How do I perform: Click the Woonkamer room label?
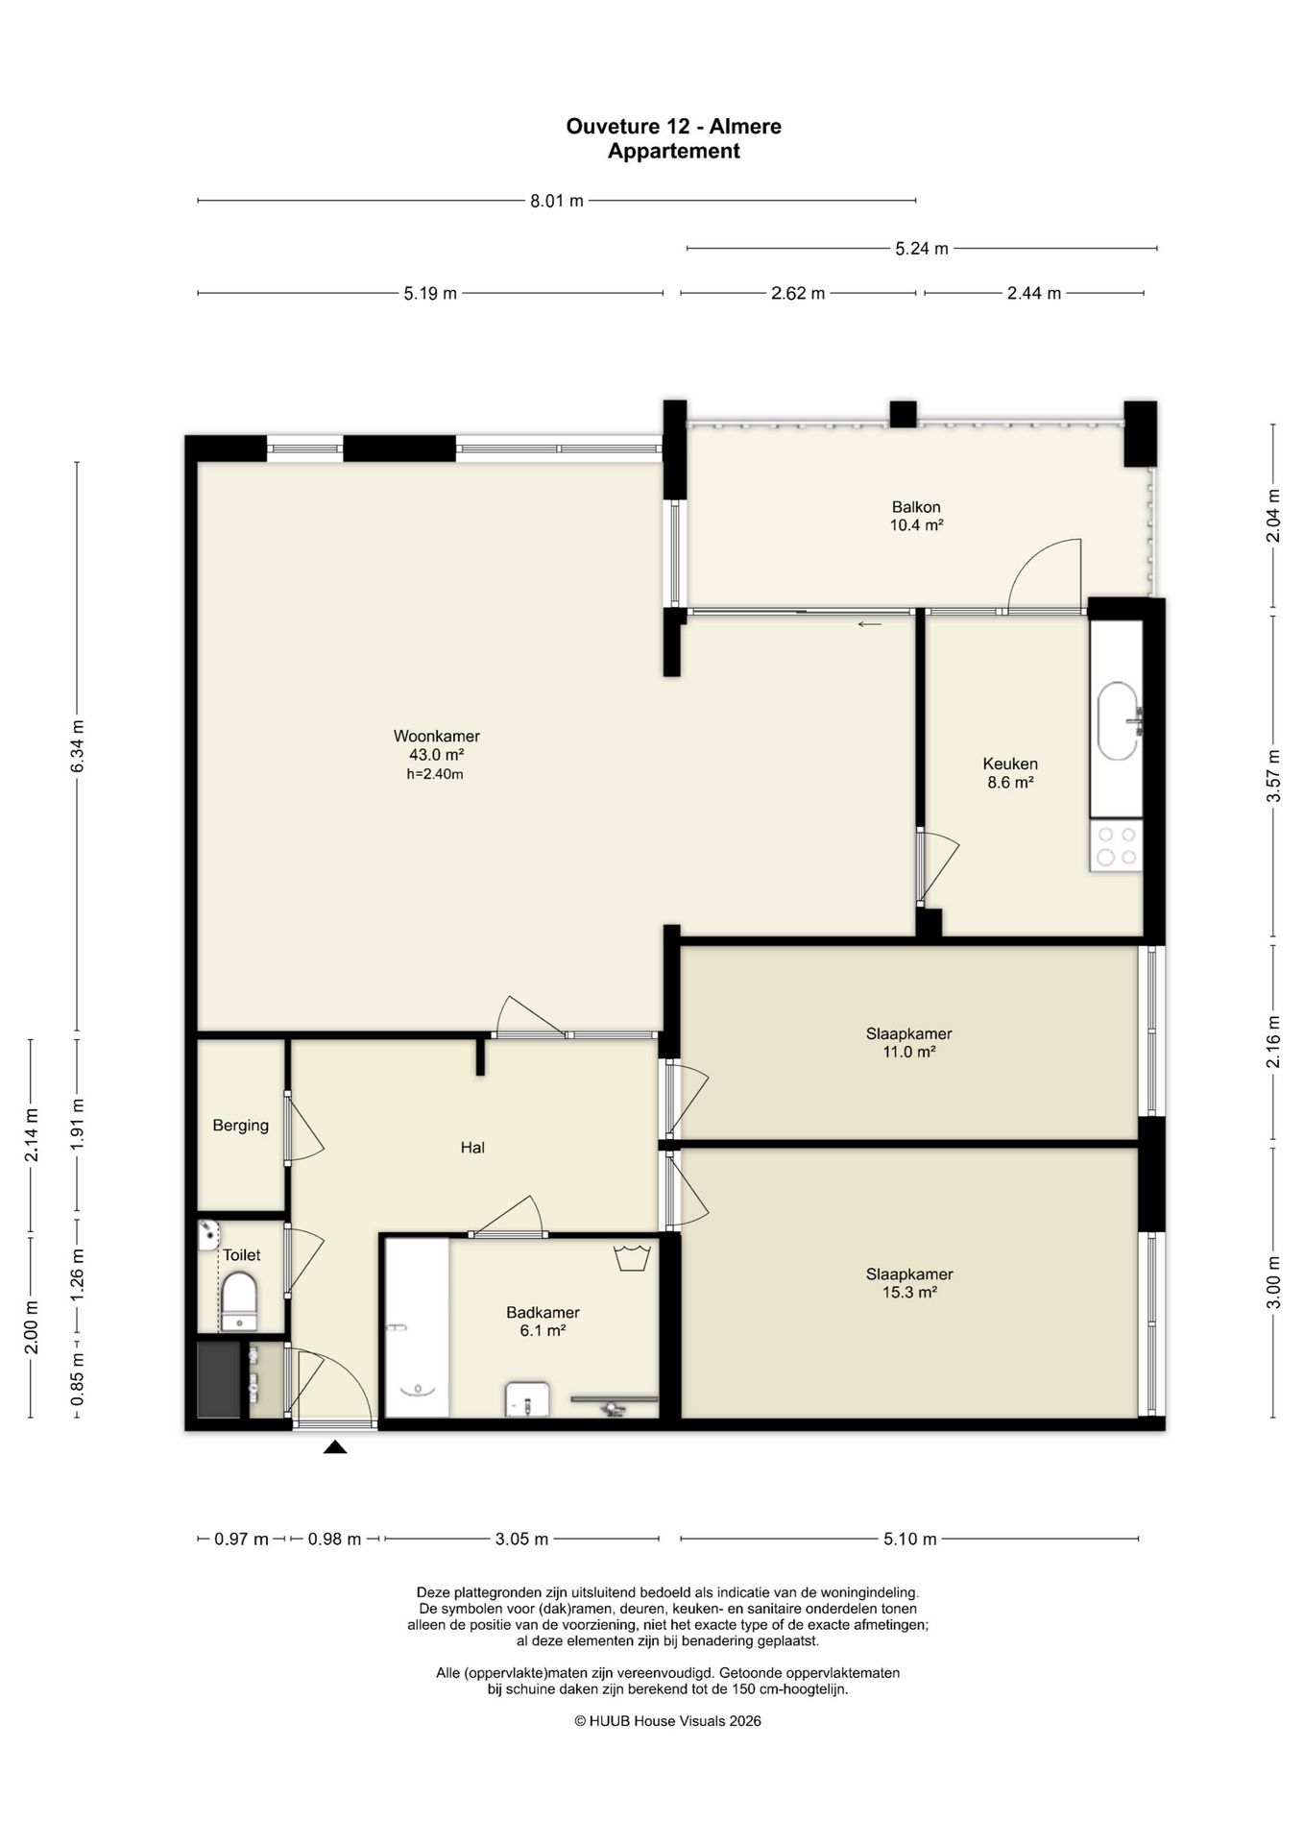[436, 737]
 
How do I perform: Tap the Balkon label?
[916, 507]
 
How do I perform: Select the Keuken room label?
[1010, 764]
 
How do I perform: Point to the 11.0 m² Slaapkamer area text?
[909, 1053]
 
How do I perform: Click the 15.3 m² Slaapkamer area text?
[909, 1293]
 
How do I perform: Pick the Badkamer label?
[543, 1313]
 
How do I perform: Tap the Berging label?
[241, 1126]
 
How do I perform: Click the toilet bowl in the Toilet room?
[240, 1301]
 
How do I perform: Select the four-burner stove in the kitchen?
[1117, 846]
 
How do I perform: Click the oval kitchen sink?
[1119, 721]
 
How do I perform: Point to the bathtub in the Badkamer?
[417, 1327]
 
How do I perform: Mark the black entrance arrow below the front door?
[335, 1447]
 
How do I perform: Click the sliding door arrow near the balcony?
[870, 624]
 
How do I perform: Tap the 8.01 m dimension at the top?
[557, 201]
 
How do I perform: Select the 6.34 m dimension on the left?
[78, 745]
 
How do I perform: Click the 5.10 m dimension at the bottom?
[909, 1540]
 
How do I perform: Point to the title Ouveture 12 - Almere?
[674, 127]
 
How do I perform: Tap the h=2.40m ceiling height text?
[435, 774]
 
